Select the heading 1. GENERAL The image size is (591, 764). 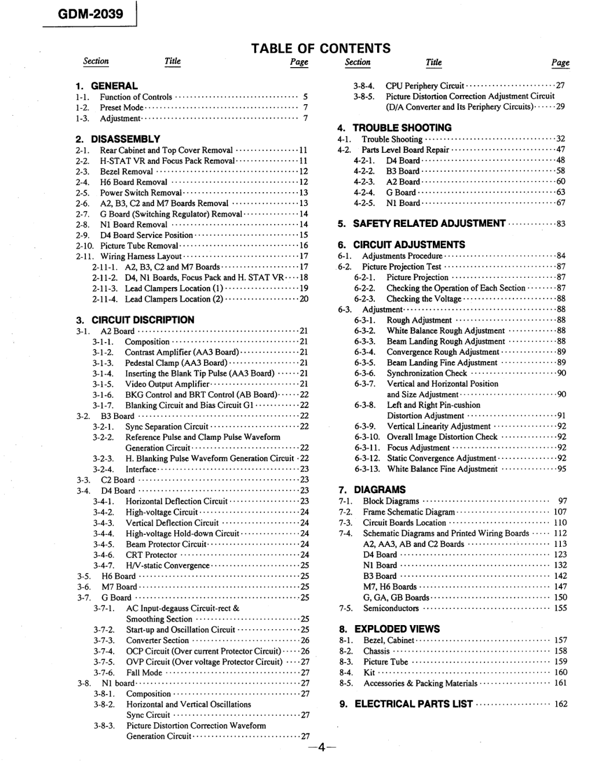[x=106, y=86]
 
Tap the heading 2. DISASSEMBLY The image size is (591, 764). [x=118, y=139]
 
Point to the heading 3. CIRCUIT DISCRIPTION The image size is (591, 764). [x=135, y=319]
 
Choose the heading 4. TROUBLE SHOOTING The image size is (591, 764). [x=395, y=128]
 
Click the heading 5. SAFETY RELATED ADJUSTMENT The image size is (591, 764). [x=422, y=223]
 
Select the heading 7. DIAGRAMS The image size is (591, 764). [x=372, y=489]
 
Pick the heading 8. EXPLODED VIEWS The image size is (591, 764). [x=389, y=629]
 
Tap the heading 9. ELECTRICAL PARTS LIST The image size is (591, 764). [x=406, y=704]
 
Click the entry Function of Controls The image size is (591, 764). [x=136, y=97]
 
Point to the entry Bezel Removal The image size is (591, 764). [x=126, y=171]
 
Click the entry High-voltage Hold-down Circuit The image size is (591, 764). [x=182, y=533]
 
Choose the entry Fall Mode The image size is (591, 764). [x=144, y=673]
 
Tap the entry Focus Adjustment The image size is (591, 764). [x=418, y=447]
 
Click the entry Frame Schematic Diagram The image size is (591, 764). [x=408, y=512]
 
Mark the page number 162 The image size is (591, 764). [x=560, y=704]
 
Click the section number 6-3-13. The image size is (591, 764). [x=367, y=469]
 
